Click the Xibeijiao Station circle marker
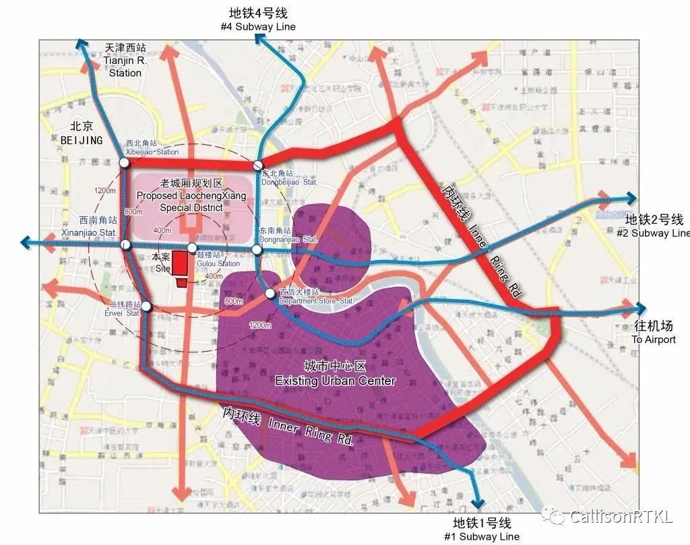124,163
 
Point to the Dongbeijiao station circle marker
257,166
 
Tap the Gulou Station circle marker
192,248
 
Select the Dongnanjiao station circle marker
257,250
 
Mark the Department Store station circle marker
270,294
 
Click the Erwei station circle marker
146,307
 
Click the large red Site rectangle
179,262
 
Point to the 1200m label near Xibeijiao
105,191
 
